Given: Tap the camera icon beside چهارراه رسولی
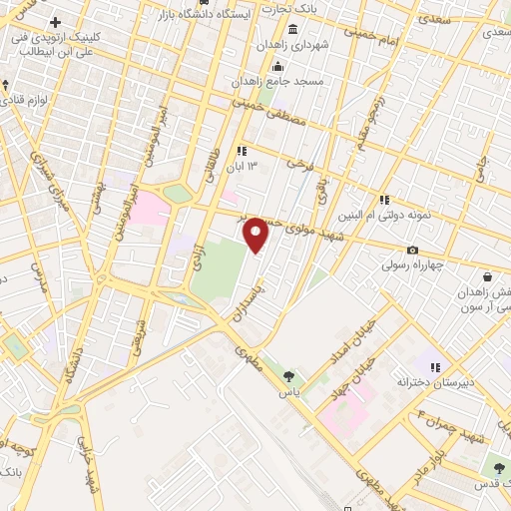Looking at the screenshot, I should (x=412, y=250).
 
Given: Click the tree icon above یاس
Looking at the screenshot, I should (x=289, y=376).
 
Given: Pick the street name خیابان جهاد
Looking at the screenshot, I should (x=364, y=365).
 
